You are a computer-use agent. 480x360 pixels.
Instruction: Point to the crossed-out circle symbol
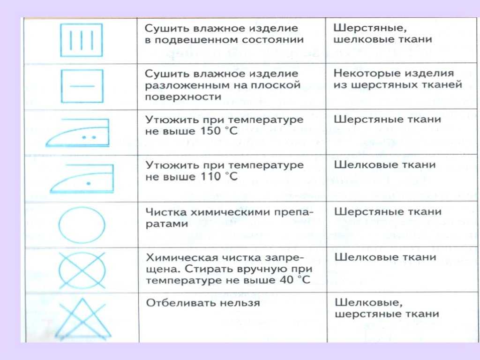point(82,270)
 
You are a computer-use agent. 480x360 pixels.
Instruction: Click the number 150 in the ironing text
point(210,131)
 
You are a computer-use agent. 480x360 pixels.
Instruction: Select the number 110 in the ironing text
point(210,176)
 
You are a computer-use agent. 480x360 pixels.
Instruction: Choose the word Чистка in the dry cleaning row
point(166,212)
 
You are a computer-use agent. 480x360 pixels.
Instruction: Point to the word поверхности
point(183,97)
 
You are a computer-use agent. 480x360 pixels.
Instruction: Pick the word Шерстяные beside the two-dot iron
point(362,119)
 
